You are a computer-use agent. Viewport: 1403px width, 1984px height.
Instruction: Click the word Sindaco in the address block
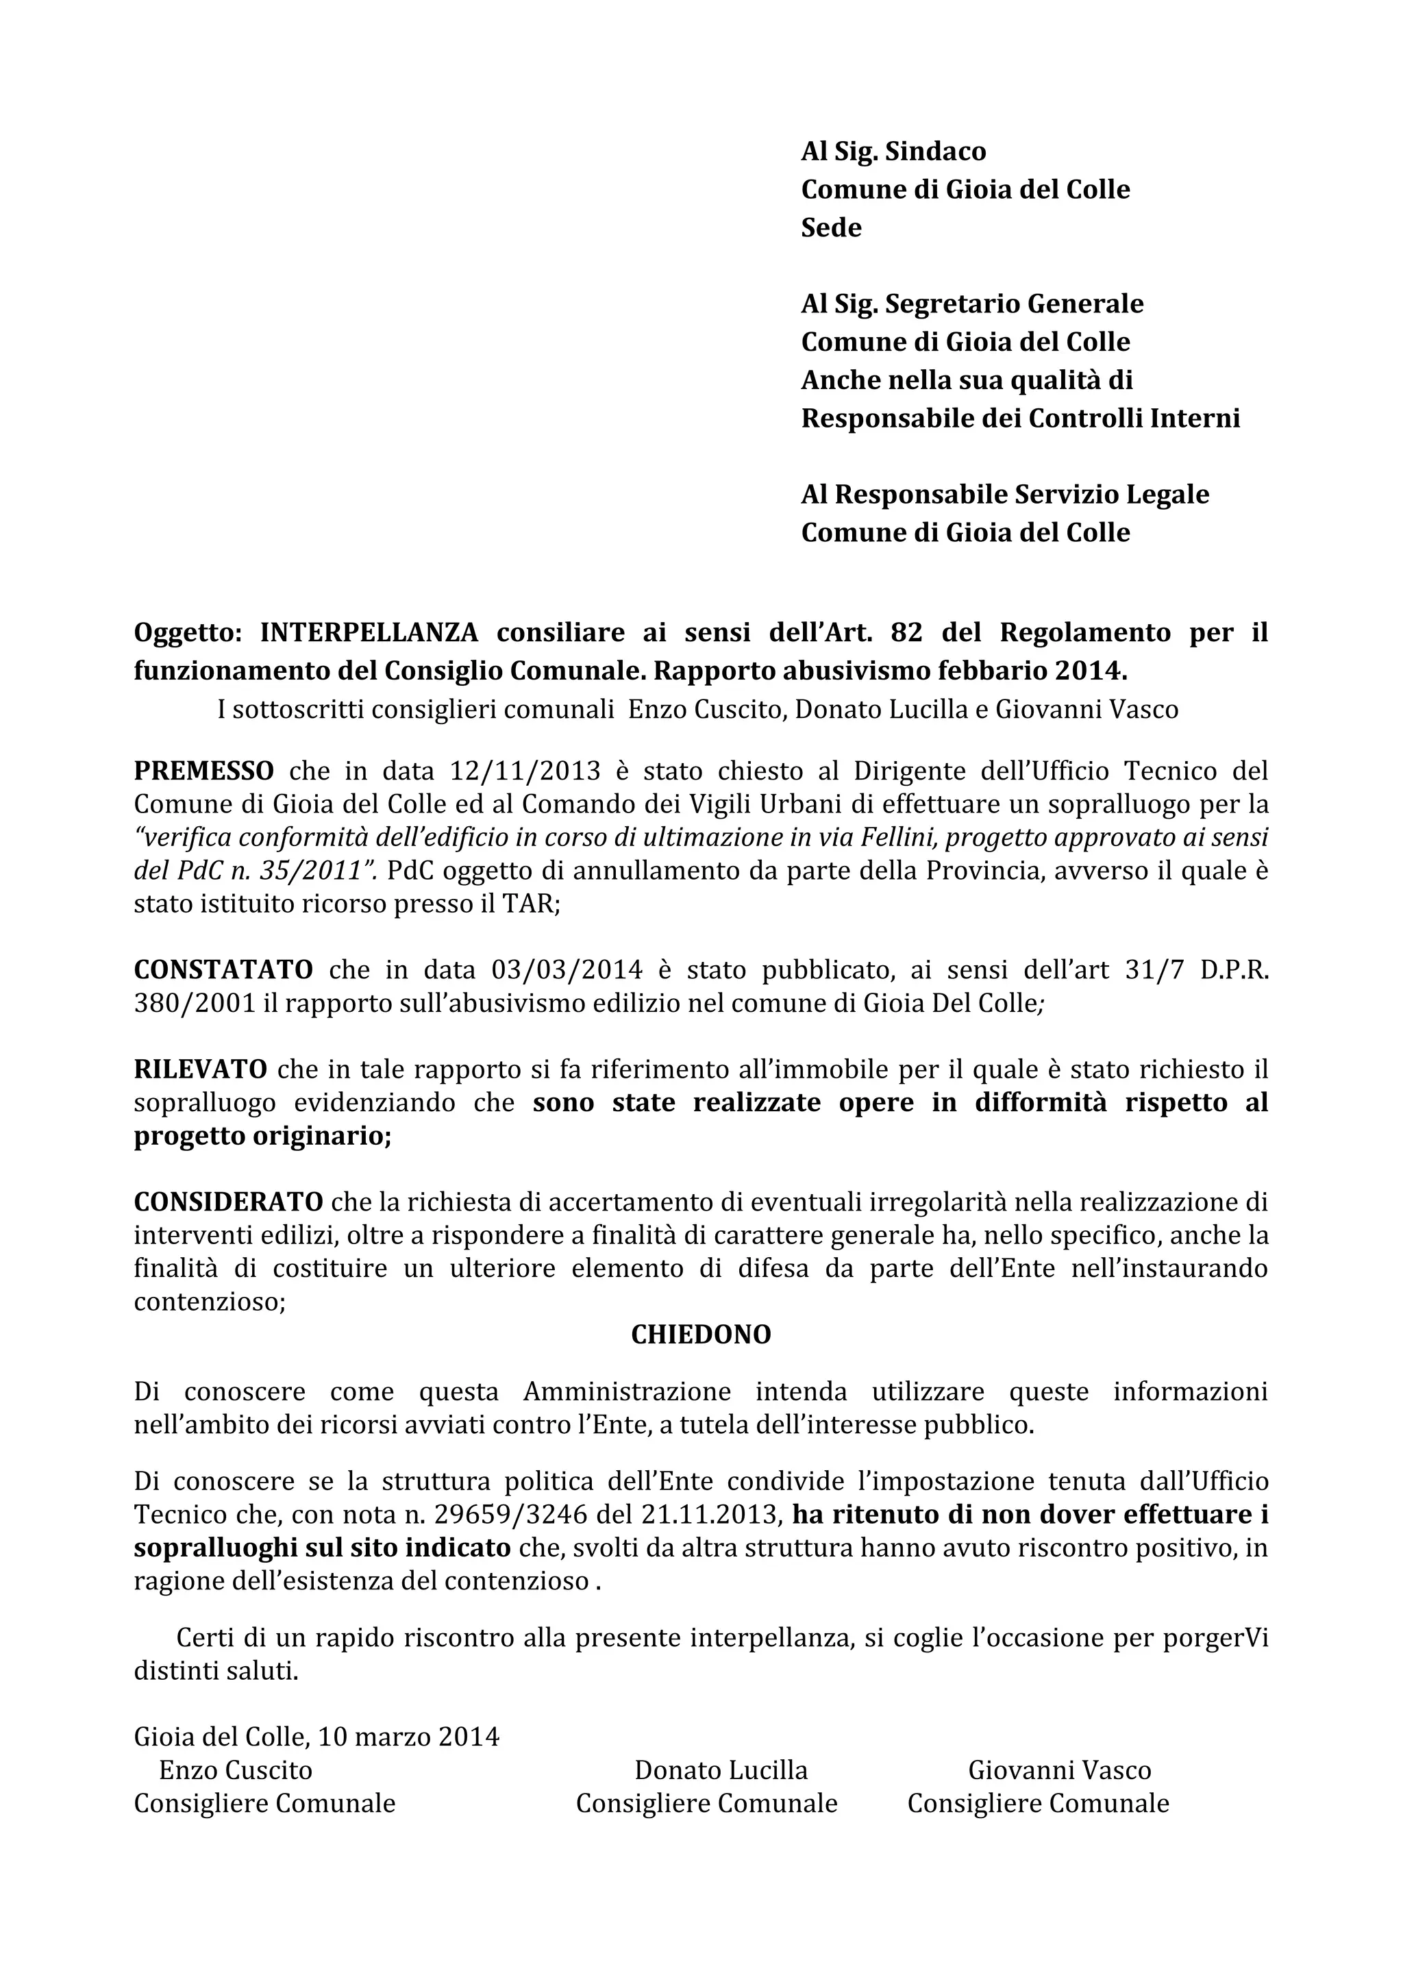(x=936, y=152)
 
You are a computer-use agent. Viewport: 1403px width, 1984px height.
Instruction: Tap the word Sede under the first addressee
(x=831, y=228)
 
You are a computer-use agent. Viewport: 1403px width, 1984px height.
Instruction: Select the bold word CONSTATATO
(x=223, y=969)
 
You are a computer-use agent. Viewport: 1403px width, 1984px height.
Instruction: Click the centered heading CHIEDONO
(x=701, y=1335)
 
